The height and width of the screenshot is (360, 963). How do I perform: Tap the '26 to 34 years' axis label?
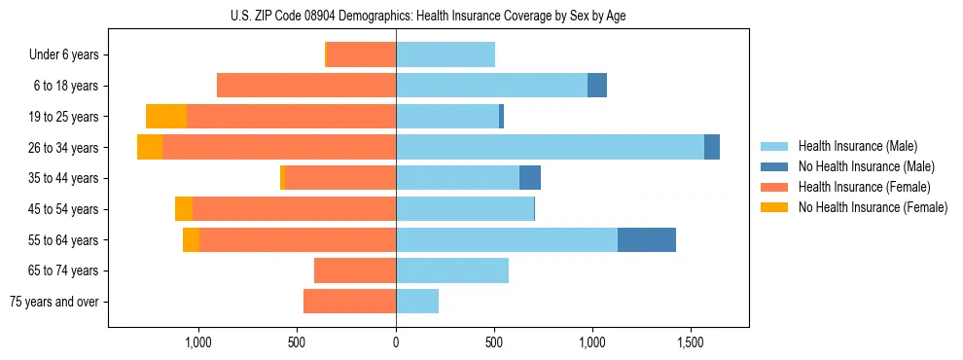tap(63, 147)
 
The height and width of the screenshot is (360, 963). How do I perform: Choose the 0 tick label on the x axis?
tap(396, 342)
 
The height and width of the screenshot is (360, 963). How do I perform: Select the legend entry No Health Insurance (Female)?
tap(873, 207)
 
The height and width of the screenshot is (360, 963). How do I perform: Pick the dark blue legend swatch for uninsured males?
tap(774, 166)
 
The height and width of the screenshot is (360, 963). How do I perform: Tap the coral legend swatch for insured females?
tap(774, 187)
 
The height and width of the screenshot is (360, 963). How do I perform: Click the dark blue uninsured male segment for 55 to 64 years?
tap(646, 239)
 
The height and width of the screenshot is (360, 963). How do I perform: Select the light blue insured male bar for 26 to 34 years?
tap(550, 147)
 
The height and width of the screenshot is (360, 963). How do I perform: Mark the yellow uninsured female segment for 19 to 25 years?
tap(166, 116)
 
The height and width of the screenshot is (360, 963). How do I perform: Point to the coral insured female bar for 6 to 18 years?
tap(306, 86)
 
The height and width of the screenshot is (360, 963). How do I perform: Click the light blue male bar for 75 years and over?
tap(417, 302)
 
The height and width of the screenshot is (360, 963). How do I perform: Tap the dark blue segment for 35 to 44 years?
tap(530, 178)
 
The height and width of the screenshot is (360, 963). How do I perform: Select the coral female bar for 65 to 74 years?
tap(355, 270)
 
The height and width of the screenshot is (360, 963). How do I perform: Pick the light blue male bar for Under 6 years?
tap(446, 54)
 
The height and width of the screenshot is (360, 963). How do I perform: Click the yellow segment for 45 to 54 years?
tap(184, 209)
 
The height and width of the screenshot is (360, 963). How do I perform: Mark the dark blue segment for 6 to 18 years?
tap(597, 86)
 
